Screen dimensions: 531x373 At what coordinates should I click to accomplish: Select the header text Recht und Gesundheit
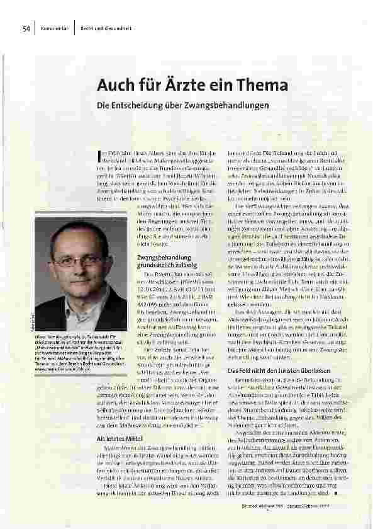tap(100, 28)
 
